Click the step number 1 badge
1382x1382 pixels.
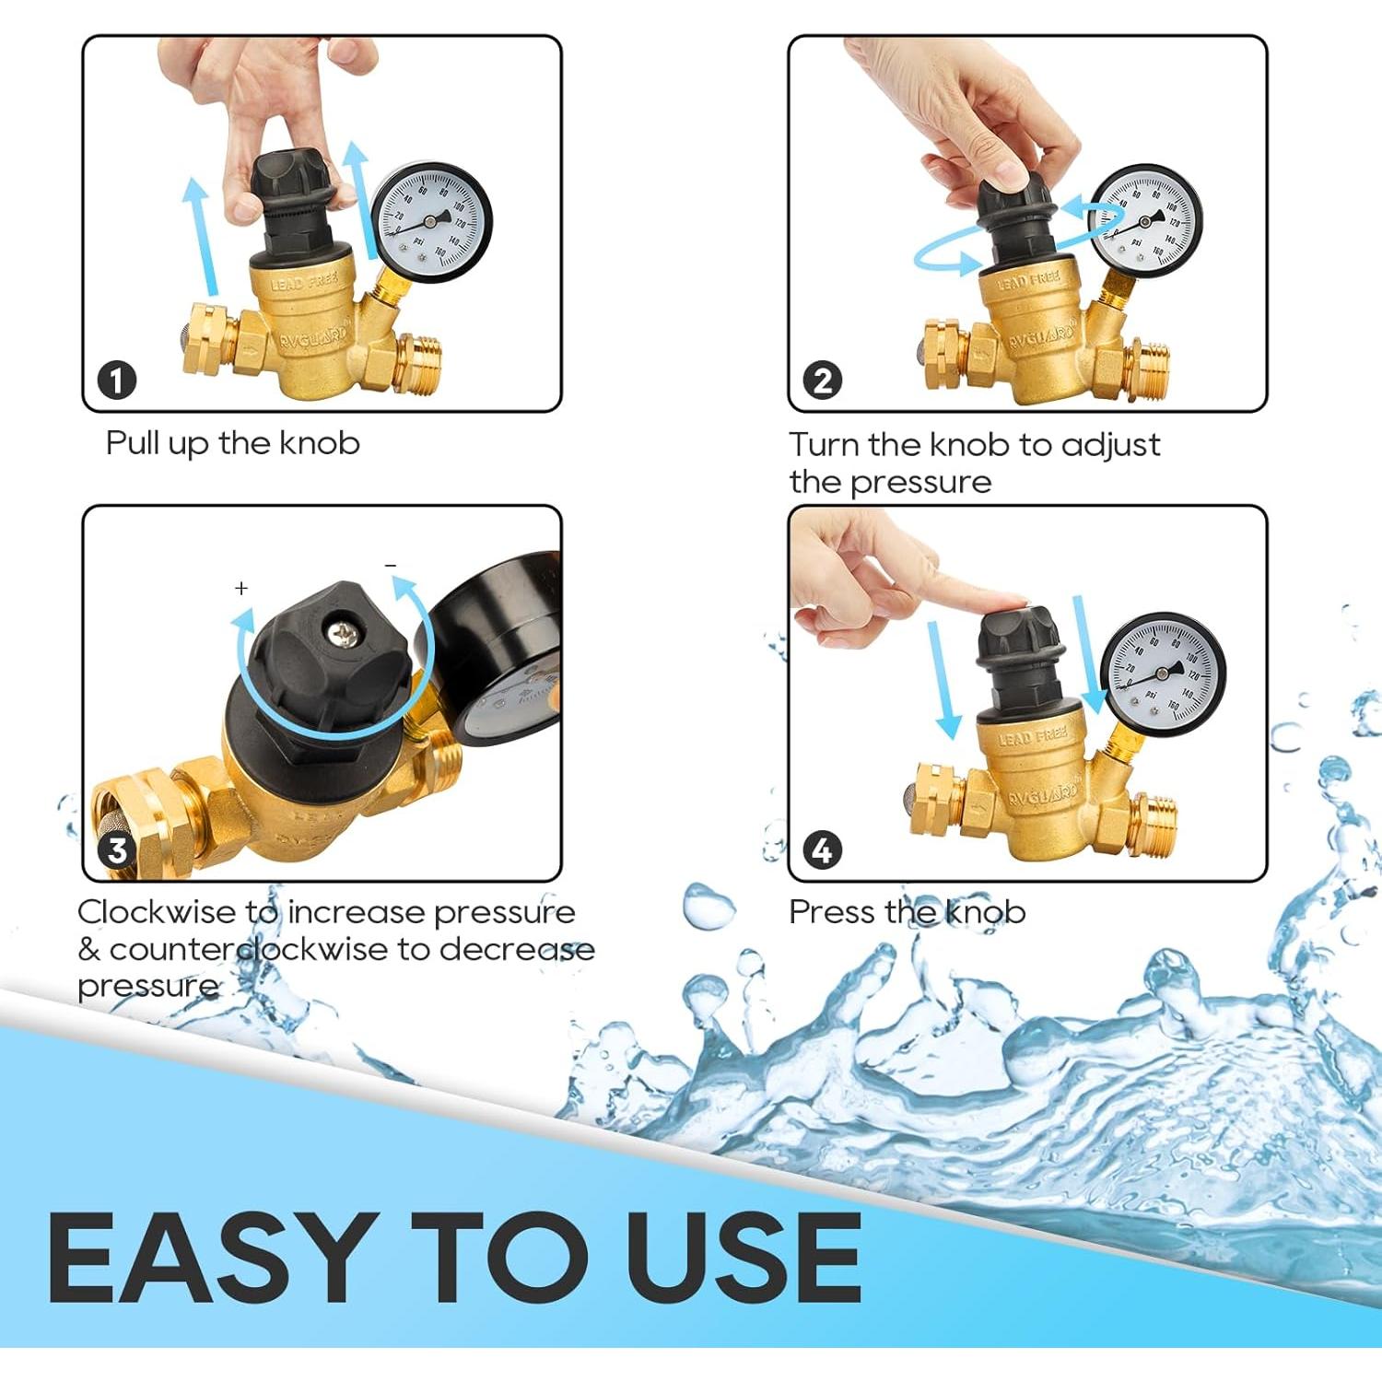point(117,380)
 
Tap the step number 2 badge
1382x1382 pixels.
point(822,380)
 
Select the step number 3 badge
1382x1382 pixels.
point(117,849)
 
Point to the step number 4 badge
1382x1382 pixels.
point(822,849)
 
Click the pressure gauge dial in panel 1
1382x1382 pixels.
point(431,222)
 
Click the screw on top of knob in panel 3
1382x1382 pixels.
point(343,634)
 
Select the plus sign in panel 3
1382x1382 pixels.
point(241,588)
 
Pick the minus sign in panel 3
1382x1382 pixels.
point(391,565)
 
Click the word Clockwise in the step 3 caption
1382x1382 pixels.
point(157,912)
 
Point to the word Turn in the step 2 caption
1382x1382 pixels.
point(824,444)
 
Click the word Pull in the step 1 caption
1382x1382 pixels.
point(133,443)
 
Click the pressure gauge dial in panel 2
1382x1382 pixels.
point(1144,221)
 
